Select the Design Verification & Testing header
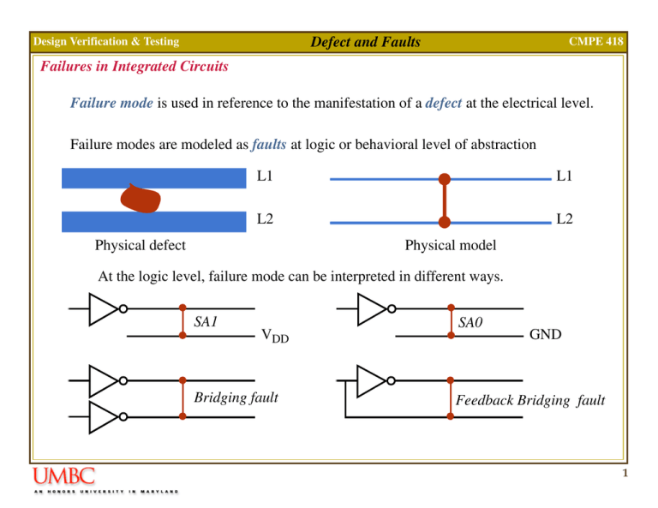tap(105, 41)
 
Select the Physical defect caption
tap(141, 246)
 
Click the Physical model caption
tap(450, 246)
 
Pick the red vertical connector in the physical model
tap(444, 201)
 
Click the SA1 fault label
tap(206, 322)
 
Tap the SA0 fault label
tap(471, 323)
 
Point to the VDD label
tap(275, 336)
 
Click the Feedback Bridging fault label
tap(530, 399)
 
